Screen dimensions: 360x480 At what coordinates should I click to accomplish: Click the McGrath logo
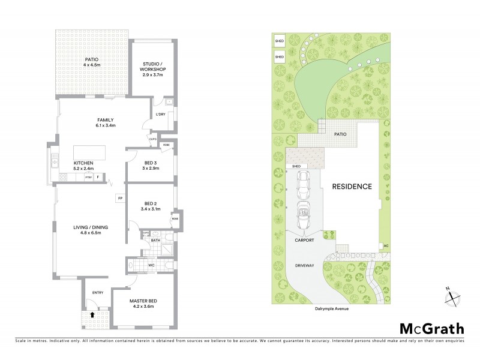click(x=431, y=328)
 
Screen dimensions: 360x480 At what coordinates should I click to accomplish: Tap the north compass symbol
click(x=453, y=296)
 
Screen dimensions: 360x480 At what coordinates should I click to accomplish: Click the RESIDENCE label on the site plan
click(x=352, y=186)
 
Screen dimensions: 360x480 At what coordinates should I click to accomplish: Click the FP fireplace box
click(x=120, y=197)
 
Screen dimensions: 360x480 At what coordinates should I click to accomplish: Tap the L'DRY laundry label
click(x=160, y=114)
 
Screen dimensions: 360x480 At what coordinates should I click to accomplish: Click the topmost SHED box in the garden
click(x=279, y=42)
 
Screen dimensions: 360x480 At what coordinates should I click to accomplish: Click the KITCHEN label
click(x=83, y=163)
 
